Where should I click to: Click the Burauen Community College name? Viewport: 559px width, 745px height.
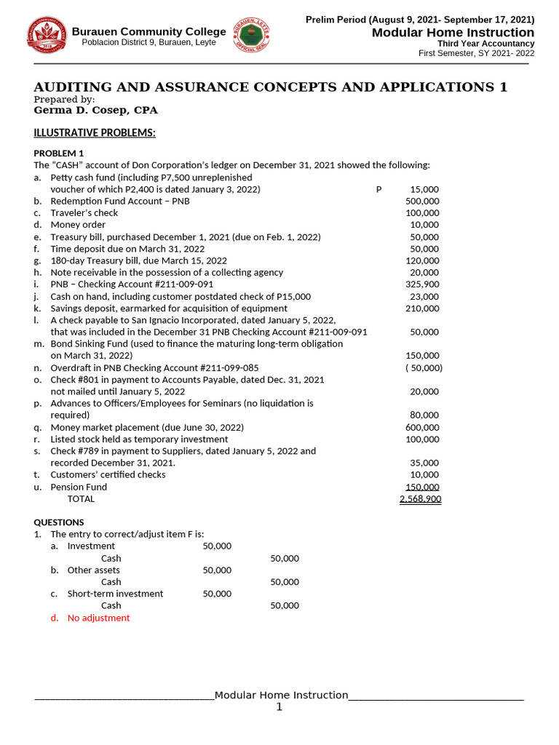(x=148, y=31)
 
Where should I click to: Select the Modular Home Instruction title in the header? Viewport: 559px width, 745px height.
(x=453, y=33)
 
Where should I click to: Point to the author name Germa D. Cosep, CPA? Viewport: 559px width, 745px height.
(x=95, y=111)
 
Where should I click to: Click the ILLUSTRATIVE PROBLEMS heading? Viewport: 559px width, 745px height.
(x=95, y=133)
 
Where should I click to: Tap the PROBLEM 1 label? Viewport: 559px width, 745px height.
(x=59, y=153)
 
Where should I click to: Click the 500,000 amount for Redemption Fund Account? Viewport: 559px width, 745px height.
(x=422, y=201)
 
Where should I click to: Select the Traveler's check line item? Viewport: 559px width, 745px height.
(x=84, y=213)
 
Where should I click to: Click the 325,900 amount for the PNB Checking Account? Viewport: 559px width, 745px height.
(x=422, y=284)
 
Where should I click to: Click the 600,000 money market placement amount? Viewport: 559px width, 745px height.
(x=422, y=428)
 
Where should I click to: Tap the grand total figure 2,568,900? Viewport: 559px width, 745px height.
(x=420, y=499)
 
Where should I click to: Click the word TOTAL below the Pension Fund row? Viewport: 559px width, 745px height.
(x=81, y=499)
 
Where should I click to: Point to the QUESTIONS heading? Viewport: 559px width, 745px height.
(x=59, y=522)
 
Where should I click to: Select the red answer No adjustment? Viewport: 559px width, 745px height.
(x=98, y=618)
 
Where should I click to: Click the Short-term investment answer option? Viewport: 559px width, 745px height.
(x=115, y=594)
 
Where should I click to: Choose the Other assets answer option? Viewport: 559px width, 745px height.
(x=93, y=570)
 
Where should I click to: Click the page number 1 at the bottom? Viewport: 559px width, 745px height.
(x=279, y=707)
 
